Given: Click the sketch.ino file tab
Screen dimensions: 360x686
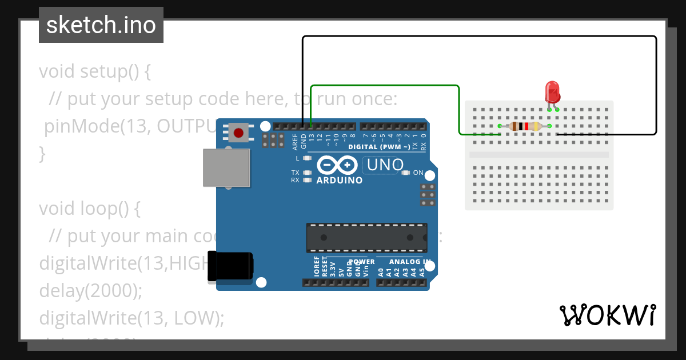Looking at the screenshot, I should (101, 25).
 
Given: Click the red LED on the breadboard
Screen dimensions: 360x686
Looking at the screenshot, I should (552, 92).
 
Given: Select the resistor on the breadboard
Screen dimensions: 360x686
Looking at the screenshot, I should (525, 126).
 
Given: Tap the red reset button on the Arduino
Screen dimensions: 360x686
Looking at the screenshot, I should (238, 133).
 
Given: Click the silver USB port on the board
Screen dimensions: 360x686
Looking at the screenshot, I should (226, 167).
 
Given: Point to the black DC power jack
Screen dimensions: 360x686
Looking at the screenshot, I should (230, 266).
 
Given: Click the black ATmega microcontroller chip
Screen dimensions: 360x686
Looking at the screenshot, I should (366, 238).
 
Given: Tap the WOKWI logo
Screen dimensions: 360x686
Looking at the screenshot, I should (608, 315).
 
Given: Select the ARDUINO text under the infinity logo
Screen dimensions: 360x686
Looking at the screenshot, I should (340, 181).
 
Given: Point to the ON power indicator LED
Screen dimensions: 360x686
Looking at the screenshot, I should (406, 173).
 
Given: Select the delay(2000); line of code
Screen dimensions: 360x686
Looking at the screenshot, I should (90, 290).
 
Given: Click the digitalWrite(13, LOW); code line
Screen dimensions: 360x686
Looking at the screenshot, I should (131, 318).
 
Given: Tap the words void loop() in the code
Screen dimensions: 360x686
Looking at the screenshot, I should (89, 209).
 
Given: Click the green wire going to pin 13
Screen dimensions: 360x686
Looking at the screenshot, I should (384, 86).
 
